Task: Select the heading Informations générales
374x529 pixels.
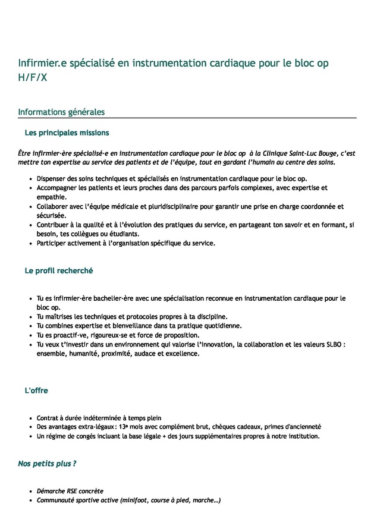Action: coord(61,112)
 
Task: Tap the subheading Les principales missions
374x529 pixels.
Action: coord(67,132)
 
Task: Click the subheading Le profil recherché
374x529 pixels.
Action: coord(58,270)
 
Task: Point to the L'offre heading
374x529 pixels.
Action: coord(36,391)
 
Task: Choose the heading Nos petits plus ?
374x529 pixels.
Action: coord(47,463)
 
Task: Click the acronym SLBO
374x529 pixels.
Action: coord(332,344)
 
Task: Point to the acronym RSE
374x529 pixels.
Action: coord(70,491)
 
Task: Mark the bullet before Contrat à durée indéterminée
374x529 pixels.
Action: coord(31,417)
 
